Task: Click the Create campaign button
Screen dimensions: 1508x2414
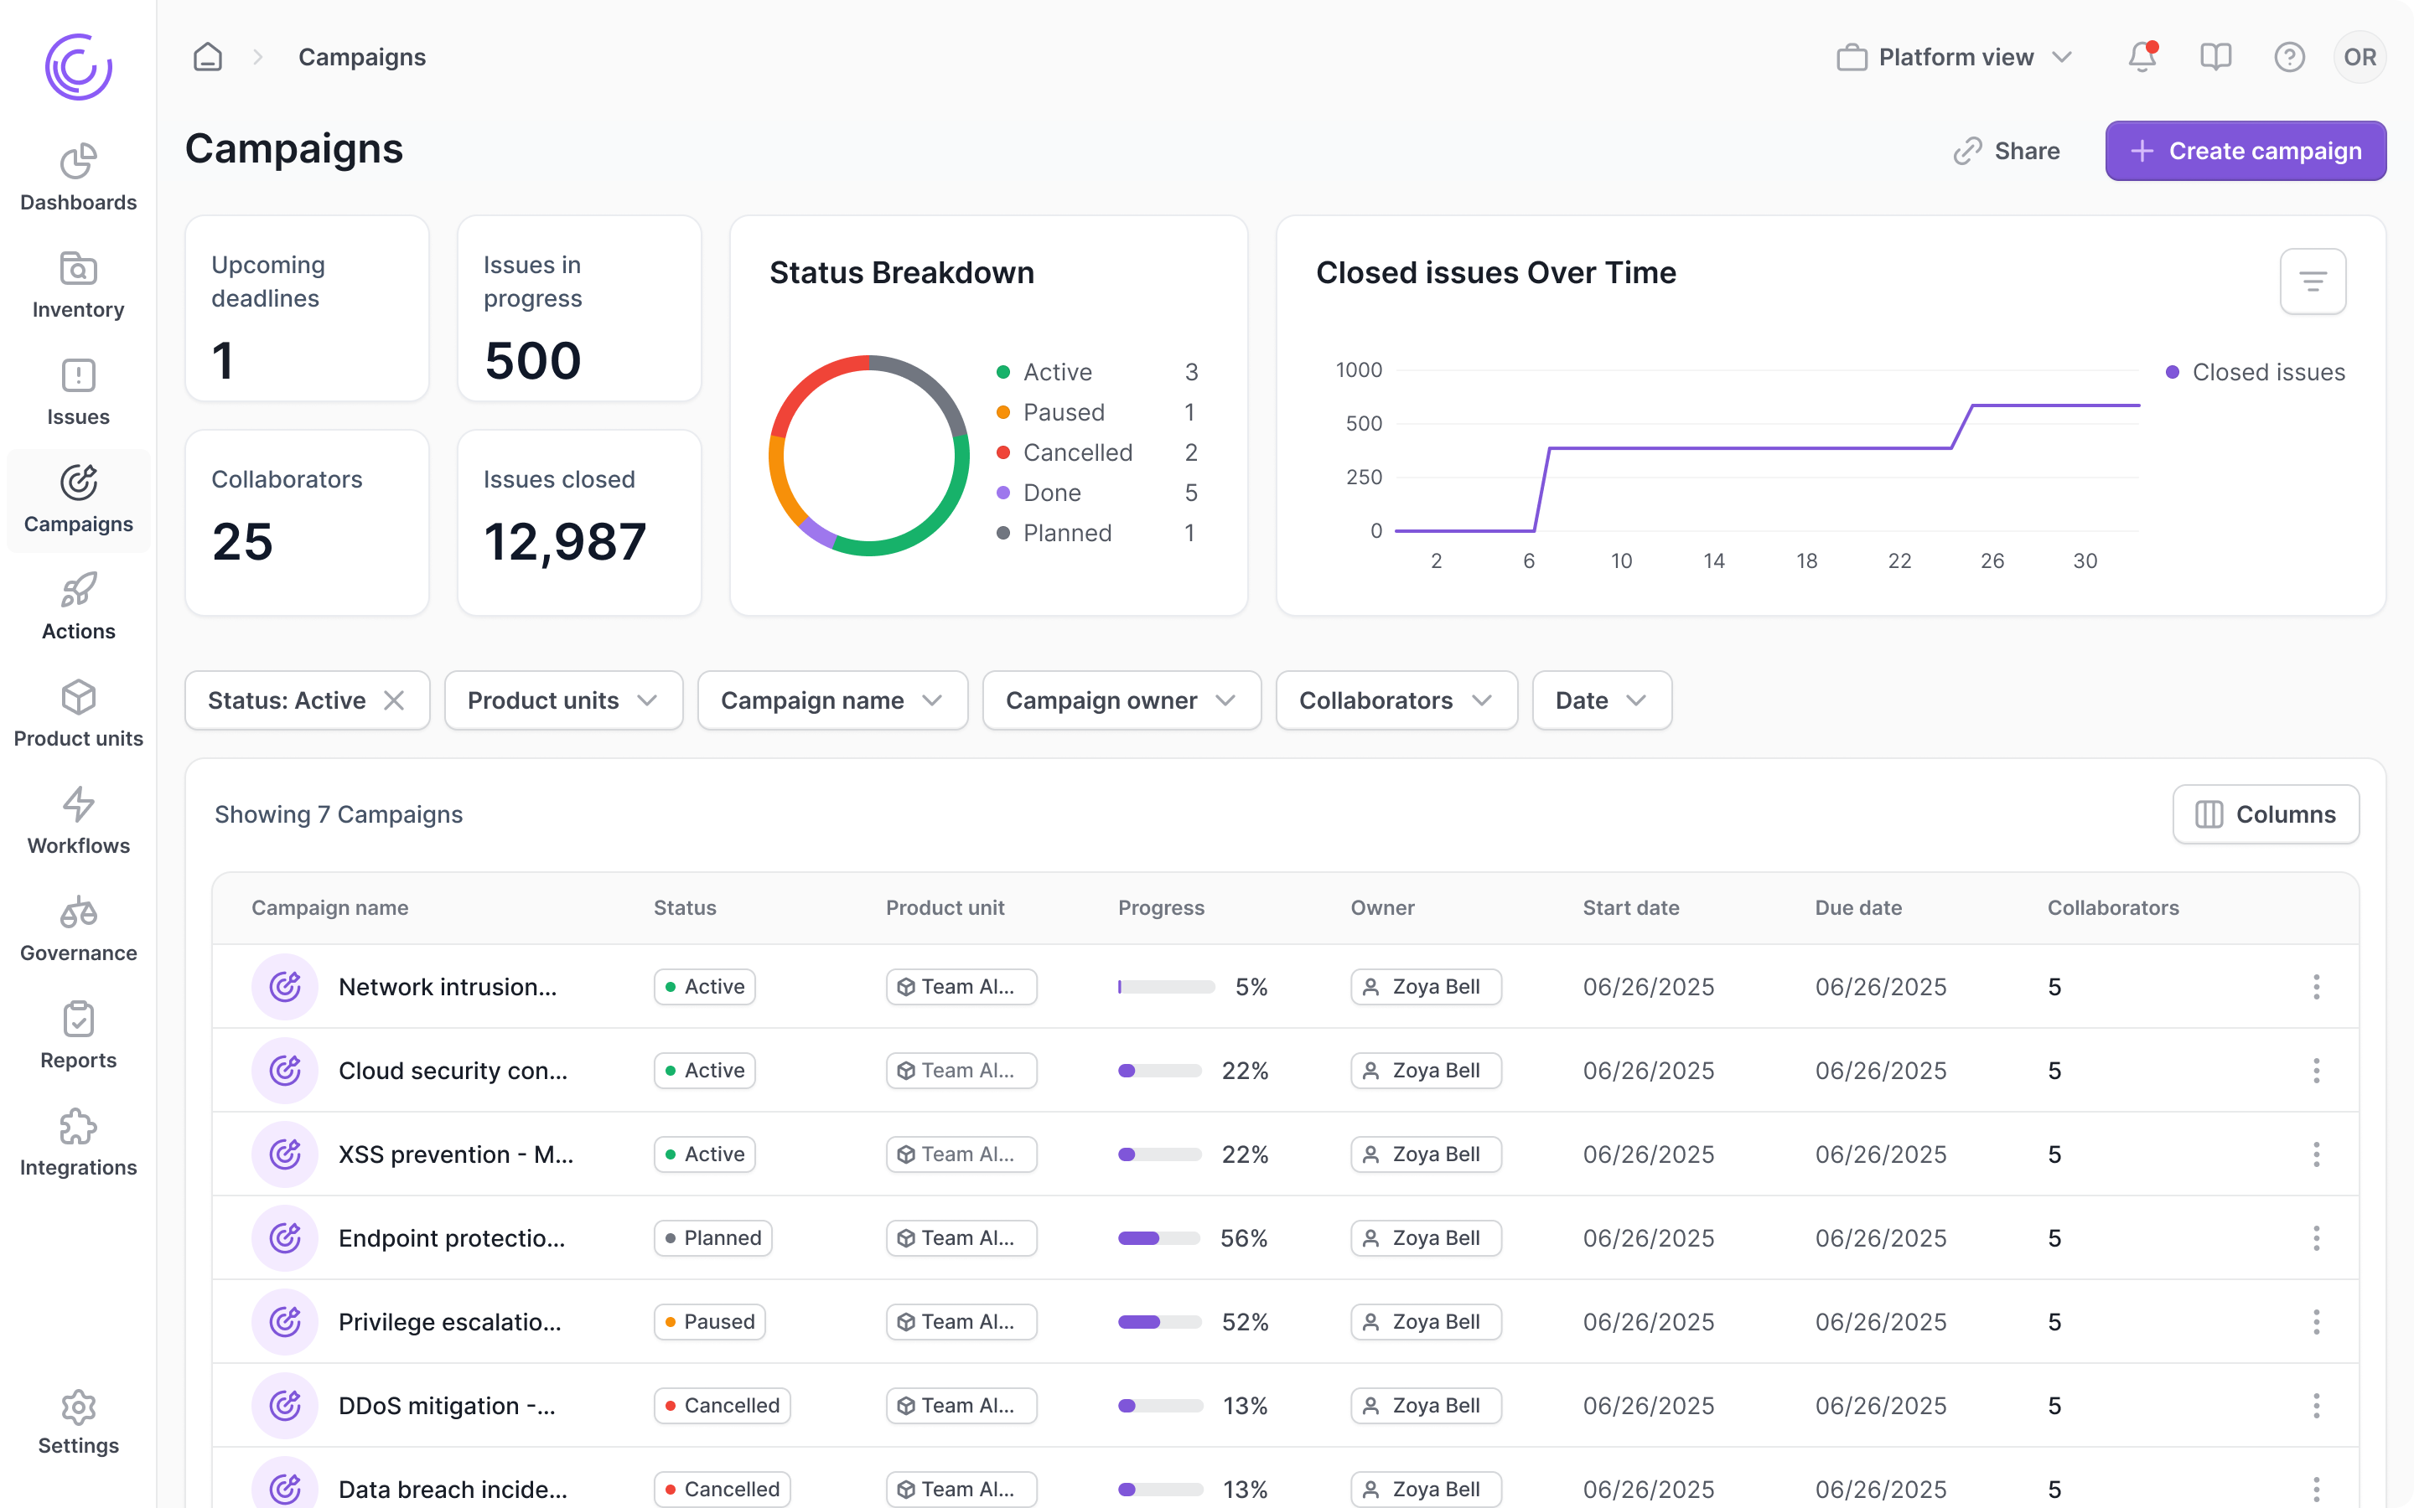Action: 2245,151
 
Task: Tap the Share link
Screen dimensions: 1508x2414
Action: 2006,151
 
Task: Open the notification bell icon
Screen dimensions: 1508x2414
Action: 2142,57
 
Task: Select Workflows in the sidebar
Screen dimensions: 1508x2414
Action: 78,821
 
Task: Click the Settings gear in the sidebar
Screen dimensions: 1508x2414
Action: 78,1421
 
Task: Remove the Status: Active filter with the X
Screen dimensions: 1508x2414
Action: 394,700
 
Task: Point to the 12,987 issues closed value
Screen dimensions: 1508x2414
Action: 565,541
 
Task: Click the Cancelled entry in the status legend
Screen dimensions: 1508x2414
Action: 1076,452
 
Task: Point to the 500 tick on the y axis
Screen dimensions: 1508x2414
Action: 1363,424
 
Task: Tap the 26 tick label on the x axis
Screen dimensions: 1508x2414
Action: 1991,560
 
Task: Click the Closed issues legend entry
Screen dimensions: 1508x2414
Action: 2266,372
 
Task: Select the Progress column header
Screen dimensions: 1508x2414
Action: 1160,907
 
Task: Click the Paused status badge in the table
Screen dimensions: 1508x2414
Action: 709,1321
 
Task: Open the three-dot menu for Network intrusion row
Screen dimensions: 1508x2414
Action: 2315,986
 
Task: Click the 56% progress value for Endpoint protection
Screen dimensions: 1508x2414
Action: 1243,1237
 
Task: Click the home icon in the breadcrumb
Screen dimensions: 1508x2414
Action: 208,57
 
